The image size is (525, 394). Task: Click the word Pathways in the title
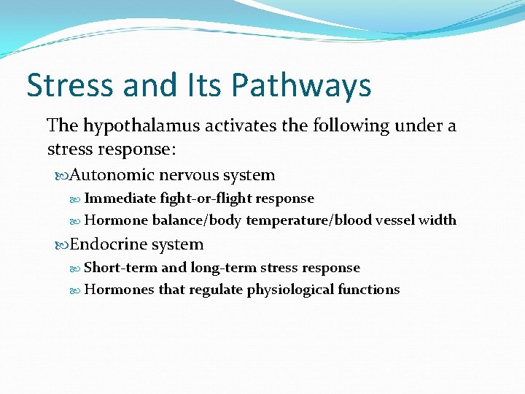coord(301,86)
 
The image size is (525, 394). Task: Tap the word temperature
coord(289,220)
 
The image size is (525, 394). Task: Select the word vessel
coord(394,220)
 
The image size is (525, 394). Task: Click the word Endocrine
coord(112,244)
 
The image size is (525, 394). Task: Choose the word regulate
coord(216,290)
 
